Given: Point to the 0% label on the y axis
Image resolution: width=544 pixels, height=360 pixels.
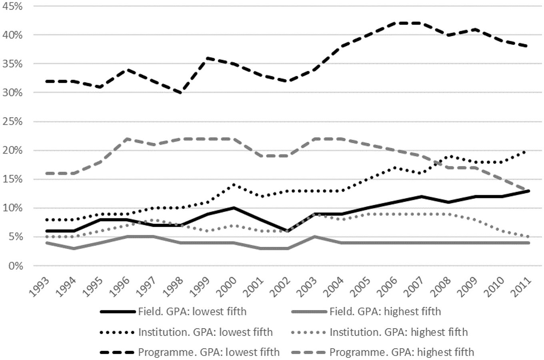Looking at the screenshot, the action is click(x=16, y=266).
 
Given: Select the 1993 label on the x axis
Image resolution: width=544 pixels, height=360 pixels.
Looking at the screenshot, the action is click(x=39, y=287).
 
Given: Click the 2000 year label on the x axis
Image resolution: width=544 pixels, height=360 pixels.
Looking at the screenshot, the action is click(x=228, y=287).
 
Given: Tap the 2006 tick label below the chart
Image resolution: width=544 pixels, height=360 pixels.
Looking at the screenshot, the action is click(x=388, y=287).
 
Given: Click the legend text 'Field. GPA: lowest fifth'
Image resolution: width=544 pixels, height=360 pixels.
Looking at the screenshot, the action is click(x=192, y=312).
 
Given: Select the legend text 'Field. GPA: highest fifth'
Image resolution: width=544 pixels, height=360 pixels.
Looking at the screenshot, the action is click(x=385, y=312).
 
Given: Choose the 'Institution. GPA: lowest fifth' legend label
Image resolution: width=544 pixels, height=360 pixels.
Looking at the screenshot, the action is click(x=206, y=332).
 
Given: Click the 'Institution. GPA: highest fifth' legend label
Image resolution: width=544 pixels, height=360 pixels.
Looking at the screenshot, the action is click(x=398, y=332).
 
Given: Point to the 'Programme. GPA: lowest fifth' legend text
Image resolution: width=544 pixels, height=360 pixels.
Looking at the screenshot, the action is click(x=209, y=352).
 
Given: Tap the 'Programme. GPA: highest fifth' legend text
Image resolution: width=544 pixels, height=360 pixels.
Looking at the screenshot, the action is click(x=402, y=352).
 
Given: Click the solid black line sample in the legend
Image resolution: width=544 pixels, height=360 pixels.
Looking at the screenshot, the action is click(x=118, y=312).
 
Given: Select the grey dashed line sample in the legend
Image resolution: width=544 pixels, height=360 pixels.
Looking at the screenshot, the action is click(x=309, y=352).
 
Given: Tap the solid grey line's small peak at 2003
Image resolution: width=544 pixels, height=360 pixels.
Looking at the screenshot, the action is click(x=315, y=236).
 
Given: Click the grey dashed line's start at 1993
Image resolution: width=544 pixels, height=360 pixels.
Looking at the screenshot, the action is click(x=47, y=174).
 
